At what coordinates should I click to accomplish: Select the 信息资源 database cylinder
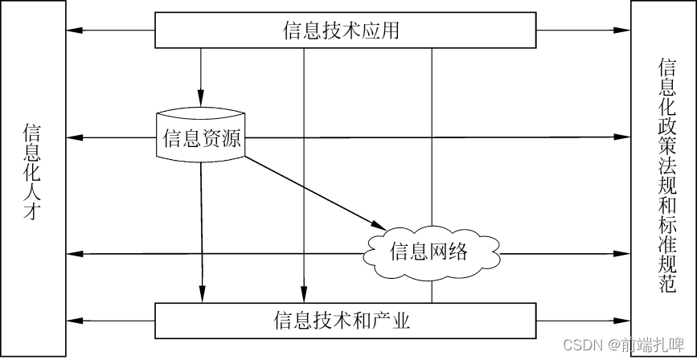coord(201,137)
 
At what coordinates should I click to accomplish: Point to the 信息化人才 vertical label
coord(32,172)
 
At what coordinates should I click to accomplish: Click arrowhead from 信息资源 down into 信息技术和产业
coord(201,293)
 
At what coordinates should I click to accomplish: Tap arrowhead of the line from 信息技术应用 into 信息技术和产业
coord(304,293)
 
